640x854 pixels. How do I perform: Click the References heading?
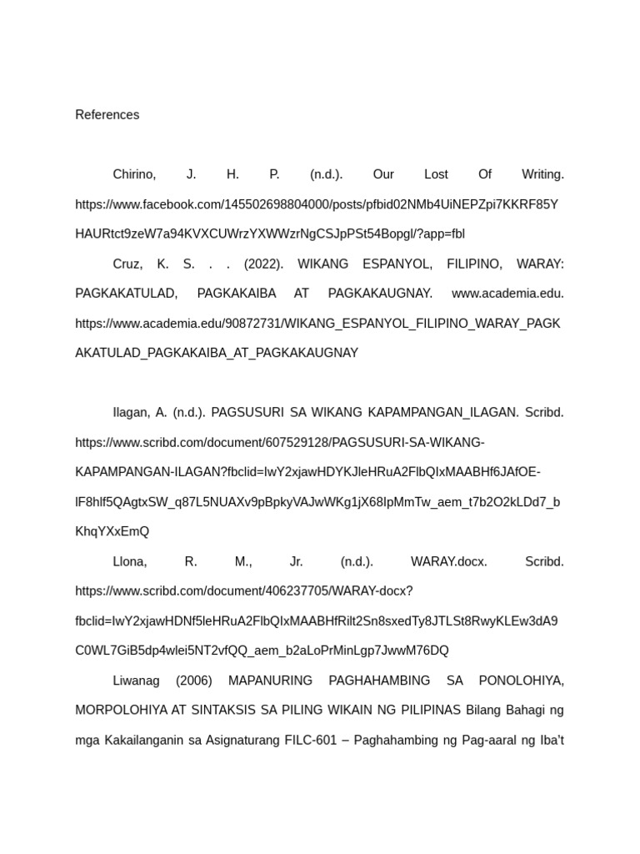click(x=107, y=115)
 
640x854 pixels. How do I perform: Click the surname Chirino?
click(x=134, y=174)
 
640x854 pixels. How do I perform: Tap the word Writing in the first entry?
click(x=542, y=174)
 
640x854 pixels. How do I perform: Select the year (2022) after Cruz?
click(x=263, y=264)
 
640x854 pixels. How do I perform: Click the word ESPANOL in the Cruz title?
click(x=396, y=264)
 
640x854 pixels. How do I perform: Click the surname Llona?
click(x=130, y=562)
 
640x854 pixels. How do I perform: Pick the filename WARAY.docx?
click(x=448, y=562)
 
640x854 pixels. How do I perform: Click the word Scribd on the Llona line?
click(x=544, y=562)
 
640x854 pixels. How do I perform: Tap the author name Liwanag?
click(x=136, y=681)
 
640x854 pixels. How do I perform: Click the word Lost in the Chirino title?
click(x=436, y=174)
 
